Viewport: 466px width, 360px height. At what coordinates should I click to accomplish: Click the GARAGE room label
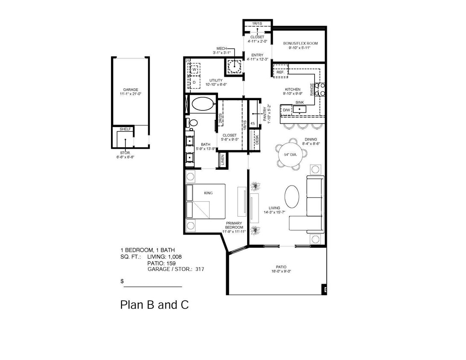pyautogui.click(x=130, y=90)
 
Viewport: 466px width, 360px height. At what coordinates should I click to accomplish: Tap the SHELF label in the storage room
pyautogui.click(x=125, y=129)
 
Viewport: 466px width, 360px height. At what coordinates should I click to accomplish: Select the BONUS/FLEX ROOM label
pyautogui.click(x=300, y=44)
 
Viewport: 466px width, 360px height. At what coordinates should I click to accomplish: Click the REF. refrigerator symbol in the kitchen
pyautogui.click(x=280, y=72)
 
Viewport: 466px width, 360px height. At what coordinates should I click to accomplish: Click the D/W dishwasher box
pyautogui.click(x=286, y=110)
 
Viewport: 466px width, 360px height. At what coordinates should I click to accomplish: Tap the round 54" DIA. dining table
pyautogui.click(x=293, y=154)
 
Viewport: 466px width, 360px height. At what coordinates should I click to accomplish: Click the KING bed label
pyautogui.click(x=208, y=193)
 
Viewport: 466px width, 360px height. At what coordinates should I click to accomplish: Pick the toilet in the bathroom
pyautogui.click(x=192, y=123)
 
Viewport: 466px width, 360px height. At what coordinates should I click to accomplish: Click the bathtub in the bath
pyautogui.click(x=202, y=104)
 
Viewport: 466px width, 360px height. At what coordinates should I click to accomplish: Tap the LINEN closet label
pyautogui.click(x=222, y=160)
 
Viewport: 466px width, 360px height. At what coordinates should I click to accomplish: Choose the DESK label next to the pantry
pyautogui.click(x=256, y=140)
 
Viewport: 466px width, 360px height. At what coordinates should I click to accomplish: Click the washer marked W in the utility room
pyautogui.click(x=194, y=69)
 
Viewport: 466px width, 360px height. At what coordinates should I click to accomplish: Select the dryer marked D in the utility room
pyautogui.click(x=194, y=82)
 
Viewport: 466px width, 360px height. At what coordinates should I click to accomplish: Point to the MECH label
pyautogui.click(x=222, y=49)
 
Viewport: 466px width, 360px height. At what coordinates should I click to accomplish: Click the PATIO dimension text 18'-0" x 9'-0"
pyautogui.click(x=281, y=271)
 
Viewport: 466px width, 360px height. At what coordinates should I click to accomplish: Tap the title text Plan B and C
pyautogui.click(x=154, y=305)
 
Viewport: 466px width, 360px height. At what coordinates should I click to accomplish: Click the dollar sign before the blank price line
pyautogui.click(x=122, y=282)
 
